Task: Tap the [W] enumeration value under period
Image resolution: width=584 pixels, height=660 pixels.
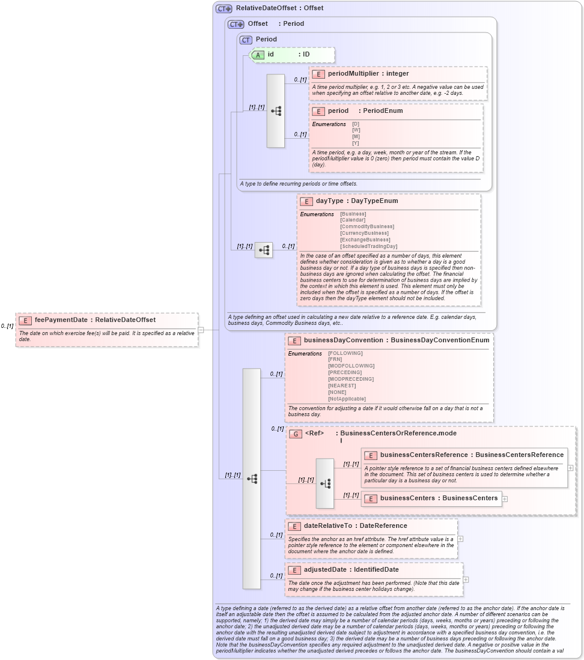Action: click(x=356, y=130)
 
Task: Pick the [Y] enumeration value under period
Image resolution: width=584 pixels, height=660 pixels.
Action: click(x=356, y=143)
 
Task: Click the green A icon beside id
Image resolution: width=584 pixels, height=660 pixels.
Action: click(x=258, y=55)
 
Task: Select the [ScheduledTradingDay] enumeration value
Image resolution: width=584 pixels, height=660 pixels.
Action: click(x=368, y=246)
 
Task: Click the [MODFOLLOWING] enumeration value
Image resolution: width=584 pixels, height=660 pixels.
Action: click(x=351, y=366)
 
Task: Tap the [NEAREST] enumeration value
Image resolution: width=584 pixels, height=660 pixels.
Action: click(x=342, y=386)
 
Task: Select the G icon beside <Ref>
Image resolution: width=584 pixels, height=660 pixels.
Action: click(x=296, y=434)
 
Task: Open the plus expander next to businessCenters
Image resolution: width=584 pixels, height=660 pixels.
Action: click(x=505, y=498)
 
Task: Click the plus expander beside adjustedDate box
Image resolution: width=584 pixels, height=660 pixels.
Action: click(x=466, y=580)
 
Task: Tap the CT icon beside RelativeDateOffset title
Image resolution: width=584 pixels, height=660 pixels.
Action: click(x=224, y=8)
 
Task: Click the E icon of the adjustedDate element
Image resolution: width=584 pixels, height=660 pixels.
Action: click(x=294, y=570)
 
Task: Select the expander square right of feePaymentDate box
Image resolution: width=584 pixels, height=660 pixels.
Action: click(x=201, y=329)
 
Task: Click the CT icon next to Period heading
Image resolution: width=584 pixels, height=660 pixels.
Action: click(x=246, y=40)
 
